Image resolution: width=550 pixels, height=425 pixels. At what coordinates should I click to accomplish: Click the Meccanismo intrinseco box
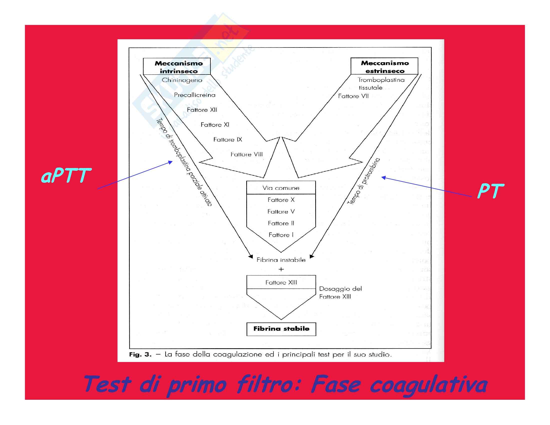[x=176, y=67]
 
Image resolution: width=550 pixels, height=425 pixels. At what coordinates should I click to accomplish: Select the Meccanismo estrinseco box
[x=384, y=66]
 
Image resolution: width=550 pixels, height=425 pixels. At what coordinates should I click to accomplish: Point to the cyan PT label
[x=490, y=191]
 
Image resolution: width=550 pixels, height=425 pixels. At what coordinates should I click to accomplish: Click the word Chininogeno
[x=182, y=80]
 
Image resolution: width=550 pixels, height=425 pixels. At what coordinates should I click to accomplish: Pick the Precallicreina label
[x=195, y=95]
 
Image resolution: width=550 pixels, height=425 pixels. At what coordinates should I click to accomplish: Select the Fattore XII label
[x=202, y=110]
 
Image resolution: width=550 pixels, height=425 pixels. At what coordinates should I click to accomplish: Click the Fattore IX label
[x=227, y=139]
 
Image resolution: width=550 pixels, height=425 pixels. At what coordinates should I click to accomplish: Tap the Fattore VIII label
[x=246, y=154]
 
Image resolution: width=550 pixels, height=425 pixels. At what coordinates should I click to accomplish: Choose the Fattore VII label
[x=353, y=96]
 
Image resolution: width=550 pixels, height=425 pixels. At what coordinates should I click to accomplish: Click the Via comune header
[x=281, y=188]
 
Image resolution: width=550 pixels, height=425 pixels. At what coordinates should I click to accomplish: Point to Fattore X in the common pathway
[x=281, y=200]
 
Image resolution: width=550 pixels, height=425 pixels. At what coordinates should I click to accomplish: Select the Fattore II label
[x=281, y=223]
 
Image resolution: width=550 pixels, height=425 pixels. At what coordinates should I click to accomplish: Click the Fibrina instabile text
[x=281, y=260]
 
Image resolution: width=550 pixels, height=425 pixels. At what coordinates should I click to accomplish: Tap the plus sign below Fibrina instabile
[x=281, y=269]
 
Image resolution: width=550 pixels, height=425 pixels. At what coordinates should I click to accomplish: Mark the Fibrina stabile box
[x=281, y=329]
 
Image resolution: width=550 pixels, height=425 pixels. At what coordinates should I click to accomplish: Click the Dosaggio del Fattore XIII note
[x=340, y=292]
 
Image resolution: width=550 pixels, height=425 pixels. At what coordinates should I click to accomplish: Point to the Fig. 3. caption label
[x=140, y=355]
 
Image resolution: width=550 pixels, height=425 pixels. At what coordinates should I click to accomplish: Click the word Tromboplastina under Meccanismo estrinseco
[x=381, y=80]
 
